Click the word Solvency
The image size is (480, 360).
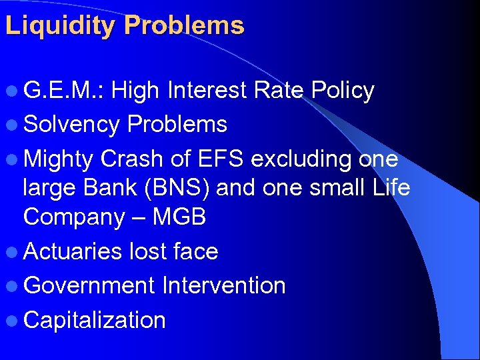pos(72,124)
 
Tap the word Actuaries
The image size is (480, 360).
pos(73,251)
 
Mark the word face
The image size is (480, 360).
pos(195,251)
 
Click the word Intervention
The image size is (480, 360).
pos(223,286)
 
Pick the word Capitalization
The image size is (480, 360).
pos(94,320)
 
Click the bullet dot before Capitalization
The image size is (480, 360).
pos(13,321)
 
